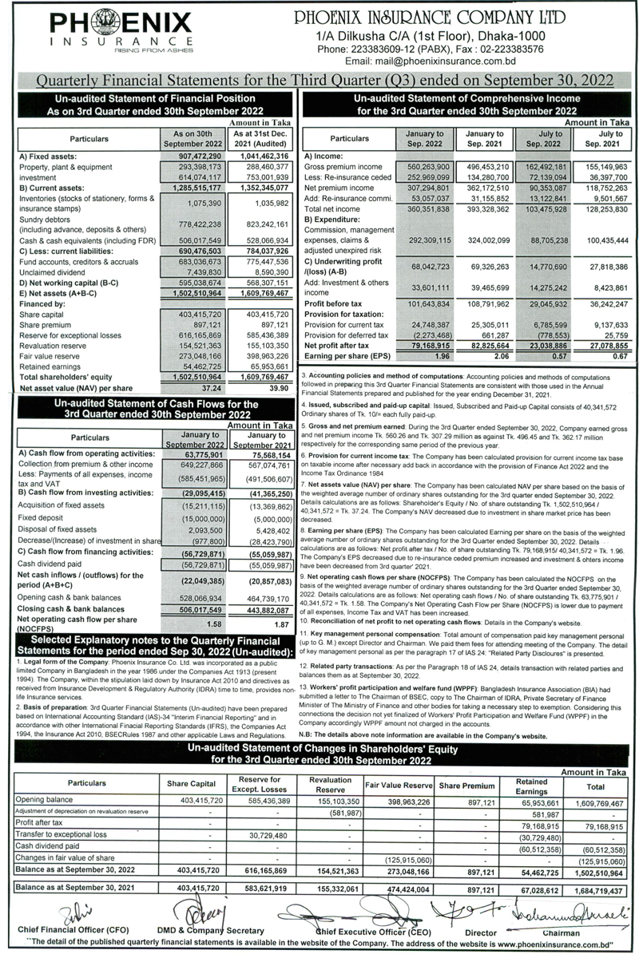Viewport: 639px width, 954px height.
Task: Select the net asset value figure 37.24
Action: [189, 388]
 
